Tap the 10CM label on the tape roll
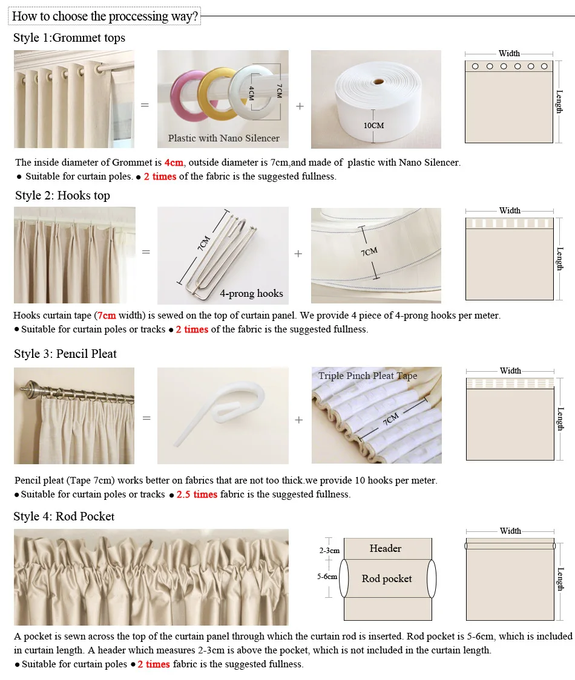point(373,126)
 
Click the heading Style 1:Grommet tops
point(69,37)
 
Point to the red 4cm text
point(174,162)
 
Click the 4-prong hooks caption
point(251,293)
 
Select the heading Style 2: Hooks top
point(62,195)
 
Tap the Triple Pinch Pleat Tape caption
point(367,376)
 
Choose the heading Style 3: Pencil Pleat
point(65,354)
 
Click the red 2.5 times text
point(197,494)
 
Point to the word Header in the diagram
point(386,548)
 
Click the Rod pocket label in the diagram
point(387,578)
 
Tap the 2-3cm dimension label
point(329,551)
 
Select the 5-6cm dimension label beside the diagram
point(327,577)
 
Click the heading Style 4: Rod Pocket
point(64,516)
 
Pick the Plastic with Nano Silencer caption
point(223,138)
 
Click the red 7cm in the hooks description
point(107,316)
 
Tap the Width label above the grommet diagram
point(509,53)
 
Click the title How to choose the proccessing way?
point(105,16)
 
